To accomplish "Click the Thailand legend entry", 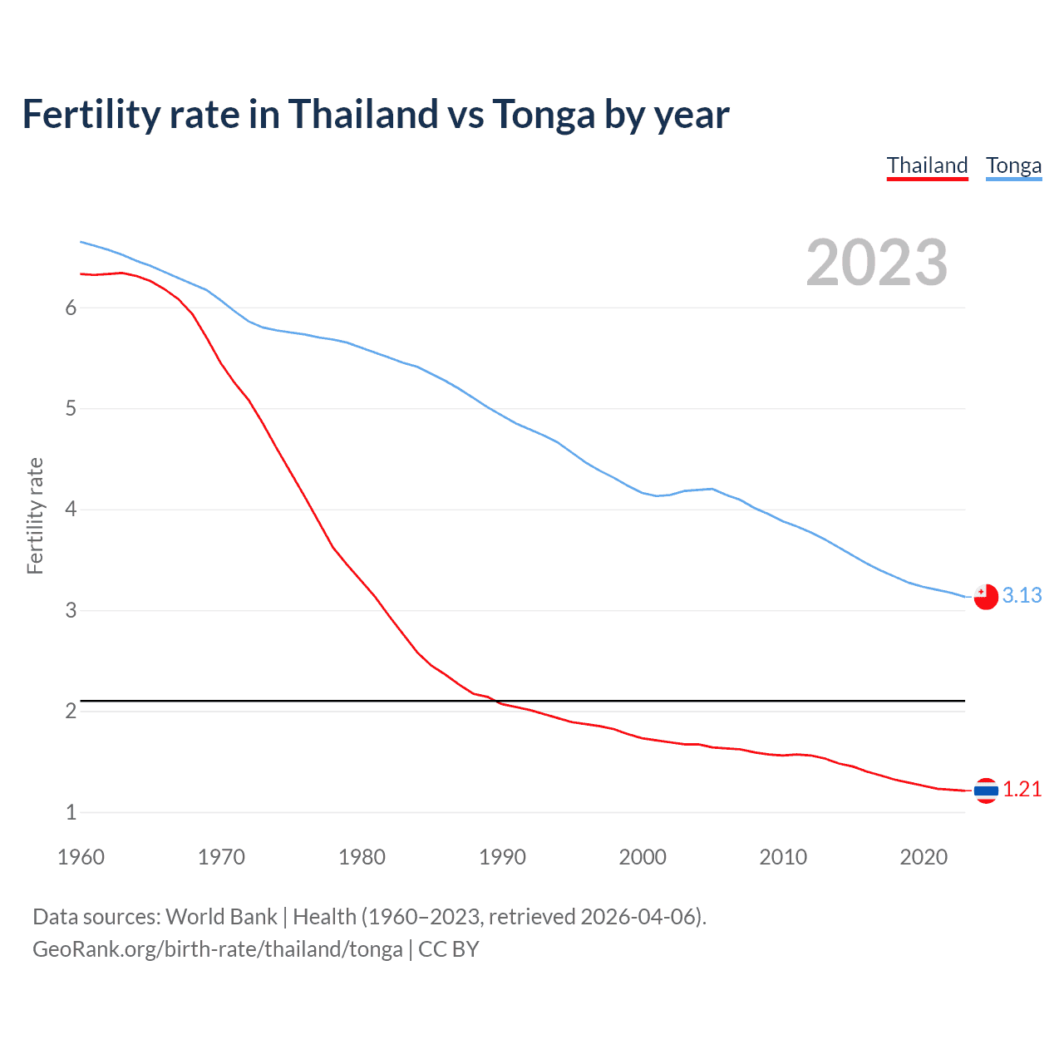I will [927, 165].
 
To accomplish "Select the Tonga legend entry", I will [1013, 165].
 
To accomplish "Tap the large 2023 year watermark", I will [877, 263].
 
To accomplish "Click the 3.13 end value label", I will [1022, 595].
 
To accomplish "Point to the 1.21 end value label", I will [1022, 789].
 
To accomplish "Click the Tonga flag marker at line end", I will [986, 597].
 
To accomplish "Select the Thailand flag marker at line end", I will [986, 791].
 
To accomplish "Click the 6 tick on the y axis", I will [71, 308].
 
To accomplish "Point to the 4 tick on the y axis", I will [71, 509].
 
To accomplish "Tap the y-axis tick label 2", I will [71, 711].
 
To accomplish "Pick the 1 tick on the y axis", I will [71, 812].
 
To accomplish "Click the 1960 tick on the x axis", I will [81, 857].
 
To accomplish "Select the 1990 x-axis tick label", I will [502, 857].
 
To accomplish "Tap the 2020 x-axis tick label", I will [924, 857].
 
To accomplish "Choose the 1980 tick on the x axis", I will [362, 857].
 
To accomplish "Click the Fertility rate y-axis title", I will [35, 515].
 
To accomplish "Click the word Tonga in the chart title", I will [543, 114].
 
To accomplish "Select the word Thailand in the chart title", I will [362, 114].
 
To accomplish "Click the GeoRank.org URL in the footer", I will [217, 949].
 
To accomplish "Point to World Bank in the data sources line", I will [221, 917].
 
